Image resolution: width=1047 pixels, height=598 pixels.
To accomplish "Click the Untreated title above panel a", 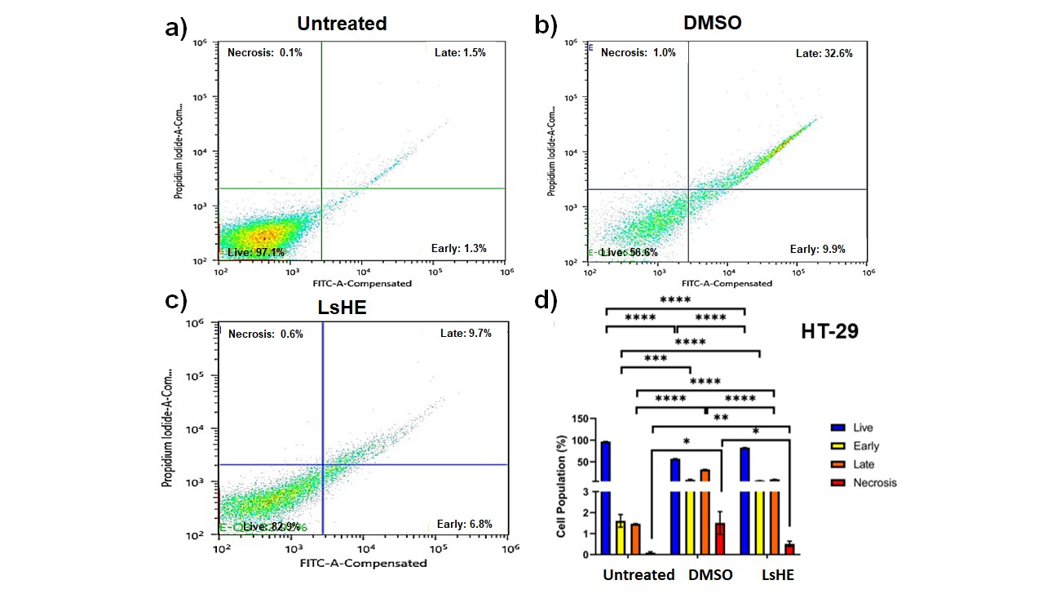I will pos(342,24).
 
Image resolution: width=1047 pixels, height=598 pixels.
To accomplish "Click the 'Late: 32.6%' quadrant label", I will pos(824,53).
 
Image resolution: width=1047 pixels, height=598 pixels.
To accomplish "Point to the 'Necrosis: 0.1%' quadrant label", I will pos(264,53).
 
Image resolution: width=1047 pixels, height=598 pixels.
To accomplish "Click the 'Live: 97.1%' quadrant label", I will pos(256,253).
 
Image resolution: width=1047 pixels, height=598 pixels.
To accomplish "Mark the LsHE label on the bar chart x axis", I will pos(778,574).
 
